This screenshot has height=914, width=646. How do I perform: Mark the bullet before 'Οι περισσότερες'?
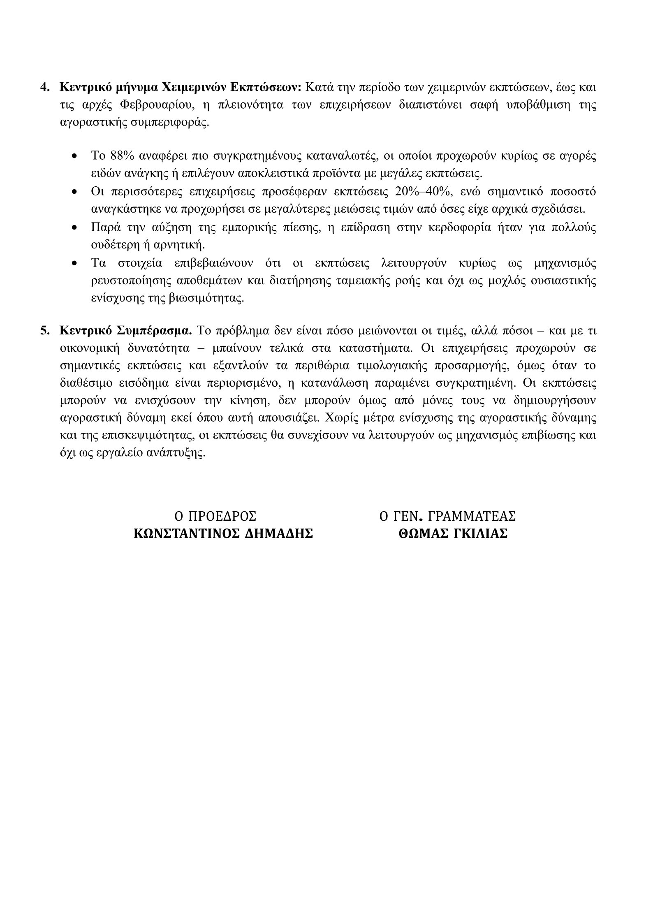[x=74, y=192]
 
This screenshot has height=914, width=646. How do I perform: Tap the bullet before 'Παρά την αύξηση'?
[x=74, y=227]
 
